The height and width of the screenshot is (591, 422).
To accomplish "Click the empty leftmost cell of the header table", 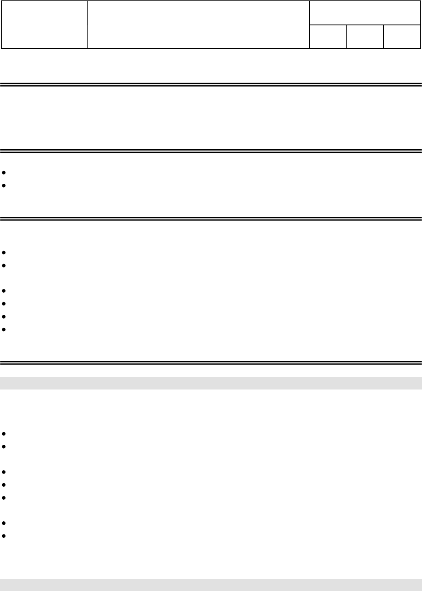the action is tap(44, 25).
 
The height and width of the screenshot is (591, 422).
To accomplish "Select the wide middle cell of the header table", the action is tap(199, 25).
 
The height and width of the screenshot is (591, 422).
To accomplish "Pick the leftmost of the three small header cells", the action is tap(328, 37).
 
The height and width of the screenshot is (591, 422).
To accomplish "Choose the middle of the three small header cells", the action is tap(365, 37).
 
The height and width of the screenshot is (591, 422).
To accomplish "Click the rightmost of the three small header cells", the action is tap(402, 37).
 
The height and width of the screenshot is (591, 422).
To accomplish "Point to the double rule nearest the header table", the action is tap(211, 84).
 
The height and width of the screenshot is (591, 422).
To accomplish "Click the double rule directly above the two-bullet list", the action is tap(211, 151).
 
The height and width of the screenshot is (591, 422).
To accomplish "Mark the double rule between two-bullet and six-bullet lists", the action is tap(211, 218).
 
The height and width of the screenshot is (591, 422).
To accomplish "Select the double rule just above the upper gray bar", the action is tap(211, 362).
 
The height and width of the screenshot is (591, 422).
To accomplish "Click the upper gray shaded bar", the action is tap(211, 383).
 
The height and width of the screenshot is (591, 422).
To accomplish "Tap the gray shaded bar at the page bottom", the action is tap(211, 585).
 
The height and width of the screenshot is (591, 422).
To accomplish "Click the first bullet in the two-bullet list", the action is tap(4, 173).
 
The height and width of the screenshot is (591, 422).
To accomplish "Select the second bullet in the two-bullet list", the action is tap(4, 186).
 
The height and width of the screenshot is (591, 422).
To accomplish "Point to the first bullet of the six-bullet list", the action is tap(4, 253).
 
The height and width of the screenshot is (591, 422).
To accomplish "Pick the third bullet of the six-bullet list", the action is tap(4, 291).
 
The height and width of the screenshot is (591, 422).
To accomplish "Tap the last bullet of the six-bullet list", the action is tap(4, 329).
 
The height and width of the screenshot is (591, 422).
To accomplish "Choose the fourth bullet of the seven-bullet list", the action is tap(4, 485).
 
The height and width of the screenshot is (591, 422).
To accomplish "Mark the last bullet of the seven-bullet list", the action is tap(4, 536).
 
